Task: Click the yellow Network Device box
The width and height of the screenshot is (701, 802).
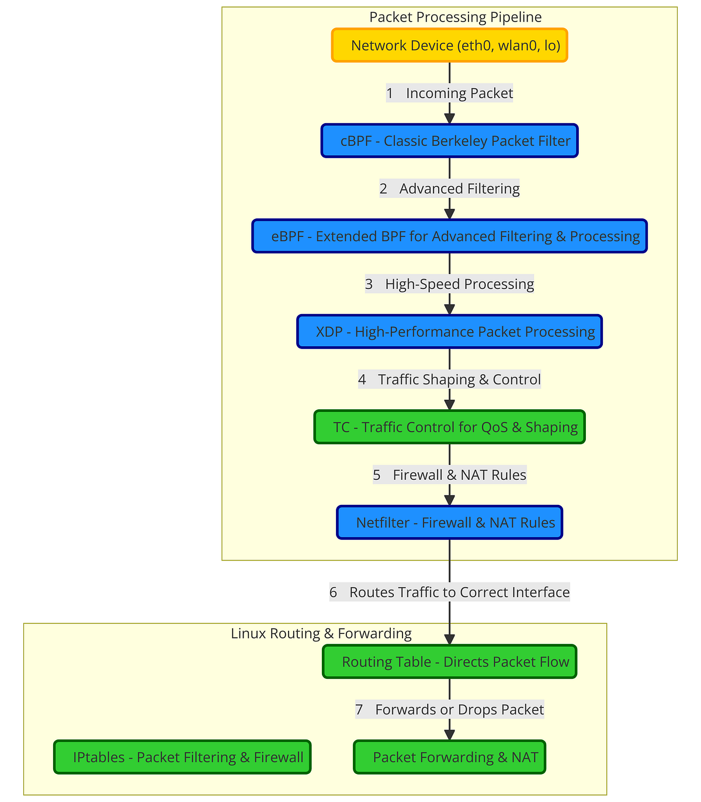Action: (449, 46)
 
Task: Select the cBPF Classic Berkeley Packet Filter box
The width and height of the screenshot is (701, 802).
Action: (449, 141)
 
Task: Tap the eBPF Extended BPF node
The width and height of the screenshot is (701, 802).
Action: (449, 236)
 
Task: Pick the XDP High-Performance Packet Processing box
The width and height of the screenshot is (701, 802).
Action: (449, 332)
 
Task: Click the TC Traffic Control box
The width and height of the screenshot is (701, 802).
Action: (449, 427)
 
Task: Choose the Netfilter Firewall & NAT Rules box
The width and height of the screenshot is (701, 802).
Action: (449, 522)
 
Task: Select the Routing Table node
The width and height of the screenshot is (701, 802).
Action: (449, 662)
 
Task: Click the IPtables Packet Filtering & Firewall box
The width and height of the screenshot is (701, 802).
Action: (182, 757)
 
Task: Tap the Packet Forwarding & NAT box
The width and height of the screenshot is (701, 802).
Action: (449, 757)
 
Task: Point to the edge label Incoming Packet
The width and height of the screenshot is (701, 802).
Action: (449, 93)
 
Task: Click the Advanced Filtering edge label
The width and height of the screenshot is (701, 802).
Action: (449, 189)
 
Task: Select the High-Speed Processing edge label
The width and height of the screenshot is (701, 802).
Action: (449, 284)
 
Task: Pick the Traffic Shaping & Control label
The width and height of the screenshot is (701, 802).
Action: (449, 379)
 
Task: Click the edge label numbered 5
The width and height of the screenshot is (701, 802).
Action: (449, 475)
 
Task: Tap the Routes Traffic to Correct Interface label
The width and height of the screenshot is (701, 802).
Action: (449, 592)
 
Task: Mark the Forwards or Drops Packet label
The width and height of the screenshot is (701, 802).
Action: (449, 710)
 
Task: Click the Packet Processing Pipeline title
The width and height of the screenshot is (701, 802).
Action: (455, 17)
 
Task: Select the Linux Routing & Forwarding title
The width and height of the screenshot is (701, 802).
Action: (321, 633)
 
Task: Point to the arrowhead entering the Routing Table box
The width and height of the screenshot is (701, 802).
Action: (449, 639)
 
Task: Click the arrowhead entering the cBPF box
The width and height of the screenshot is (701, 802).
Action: (449, 118)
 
